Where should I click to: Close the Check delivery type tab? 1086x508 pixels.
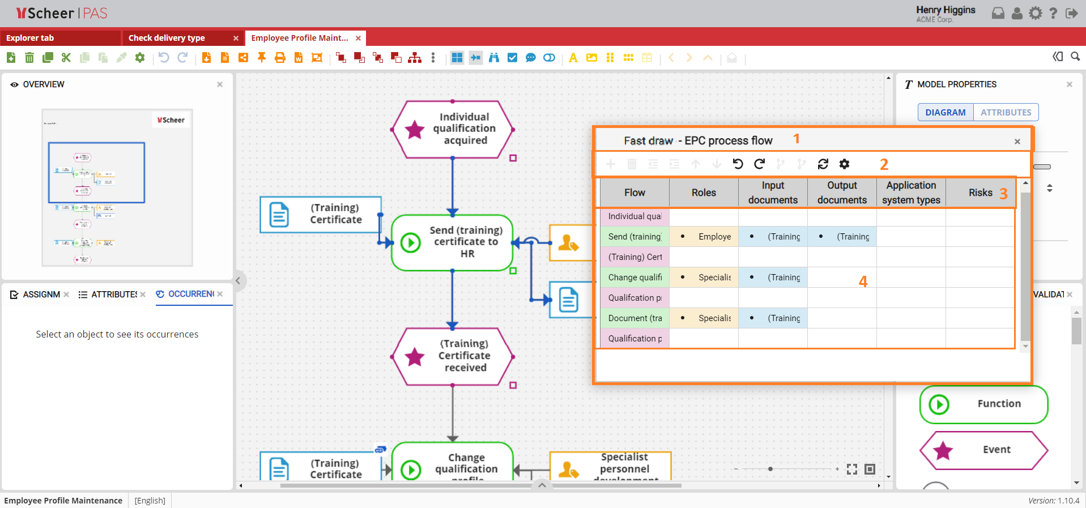(236, 38)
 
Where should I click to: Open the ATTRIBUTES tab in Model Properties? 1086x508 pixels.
(1006, 112)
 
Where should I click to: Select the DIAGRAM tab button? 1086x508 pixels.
(945, 112)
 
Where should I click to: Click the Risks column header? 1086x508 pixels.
(980, 193)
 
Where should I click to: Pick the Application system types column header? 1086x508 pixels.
(911, 193)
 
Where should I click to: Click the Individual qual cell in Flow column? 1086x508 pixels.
(634, 216)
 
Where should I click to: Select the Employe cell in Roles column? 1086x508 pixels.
(714, 237)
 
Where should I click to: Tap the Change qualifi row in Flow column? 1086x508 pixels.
(634, 278)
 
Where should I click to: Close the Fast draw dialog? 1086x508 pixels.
(1017, 142)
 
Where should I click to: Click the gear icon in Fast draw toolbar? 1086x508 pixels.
(844, 164)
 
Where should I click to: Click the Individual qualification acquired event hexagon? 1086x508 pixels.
(453, 129)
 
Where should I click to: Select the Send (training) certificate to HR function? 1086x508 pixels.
(453, 242)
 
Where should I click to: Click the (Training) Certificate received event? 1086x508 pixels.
(453, 356)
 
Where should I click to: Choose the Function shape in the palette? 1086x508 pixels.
(983, 404)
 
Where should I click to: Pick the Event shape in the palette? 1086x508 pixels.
(983, 450)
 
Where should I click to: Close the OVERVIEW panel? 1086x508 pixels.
(220, 84)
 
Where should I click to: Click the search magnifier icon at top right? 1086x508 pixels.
(1075, 57)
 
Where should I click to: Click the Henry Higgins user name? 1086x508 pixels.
(946, 10)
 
